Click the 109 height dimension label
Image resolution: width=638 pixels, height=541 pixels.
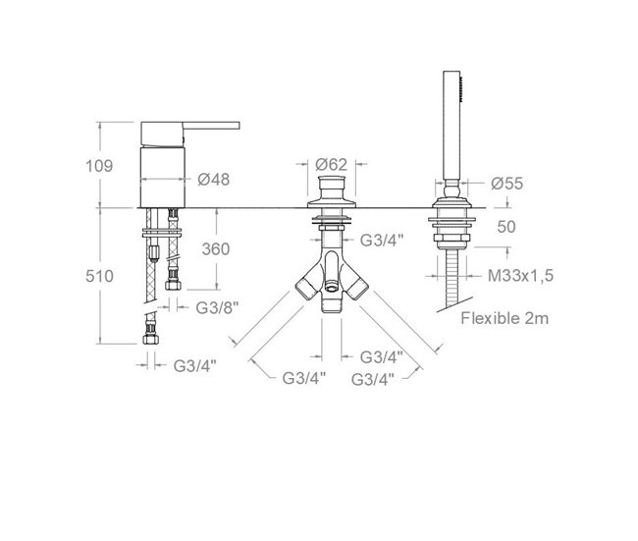[99, 166]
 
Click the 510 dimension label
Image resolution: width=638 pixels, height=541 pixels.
[99, 277]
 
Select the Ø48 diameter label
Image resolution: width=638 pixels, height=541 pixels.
[214, 179]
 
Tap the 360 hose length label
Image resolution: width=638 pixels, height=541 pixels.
[216, 248]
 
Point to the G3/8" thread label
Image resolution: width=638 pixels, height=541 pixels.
[217, 307]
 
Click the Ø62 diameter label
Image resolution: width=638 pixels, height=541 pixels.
[331, 164]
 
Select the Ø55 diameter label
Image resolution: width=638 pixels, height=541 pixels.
[507, 184]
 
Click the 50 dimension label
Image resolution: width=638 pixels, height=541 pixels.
[506, 227]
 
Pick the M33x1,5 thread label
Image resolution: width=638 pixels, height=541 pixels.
[521, 276]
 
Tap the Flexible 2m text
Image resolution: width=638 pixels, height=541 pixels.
[505, 318]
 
